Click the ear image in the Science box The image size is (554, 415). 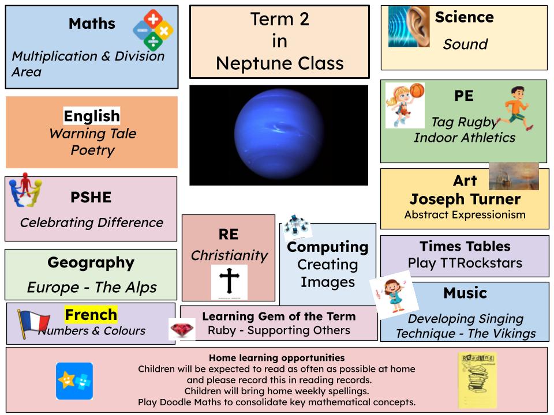(409, 27)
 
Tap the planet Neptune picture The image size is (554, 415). (279, 135)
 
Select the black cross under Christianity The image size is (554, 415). (229, 281)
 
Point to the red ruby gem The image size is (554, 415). (182, 330)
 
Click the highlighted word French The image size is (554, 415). (91, 315)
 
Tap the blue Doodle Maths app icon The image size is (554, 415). (74, 381)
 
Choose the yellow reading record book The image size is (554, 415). (477, 380)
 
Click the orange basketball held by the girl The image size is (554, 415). (417, 90)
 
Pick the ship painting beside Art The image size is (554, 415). (514, 176)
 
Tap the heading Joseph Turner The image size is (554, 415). (465, 199)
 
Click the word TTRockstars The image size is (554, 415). (481, 263)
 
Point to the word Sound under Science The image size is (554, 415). (465, 44)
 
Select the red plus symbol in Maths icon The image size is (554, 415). (153, 18)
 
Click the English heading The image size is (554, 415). (92, 116)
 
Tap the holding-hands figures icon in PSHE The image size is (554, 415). (25, 190)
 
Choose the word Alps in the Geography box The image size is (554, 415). (142, 288)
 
